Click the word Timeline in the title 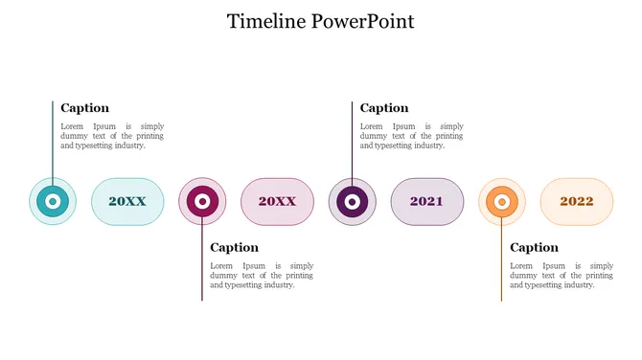[267, 21]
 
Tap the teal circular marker [54, 202]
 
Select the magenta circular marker [202, 202]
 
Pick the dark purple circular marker [352, 202]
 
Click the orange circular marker [501, 202]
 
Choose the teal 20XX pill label [127, 202]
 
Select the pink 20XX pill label [277, 202]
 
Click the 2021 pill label [426, 202]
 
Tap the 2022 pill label [577, 202]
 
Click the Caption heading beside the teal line [85, 108]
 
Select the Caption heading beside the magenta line [235, 248]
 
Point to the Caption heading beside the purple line [384, 108]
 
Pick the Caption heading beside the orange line [534, 248]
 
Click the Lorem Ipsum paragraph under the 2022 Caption [562, 275]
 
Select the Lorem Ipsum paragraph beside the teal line [112, 136]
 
